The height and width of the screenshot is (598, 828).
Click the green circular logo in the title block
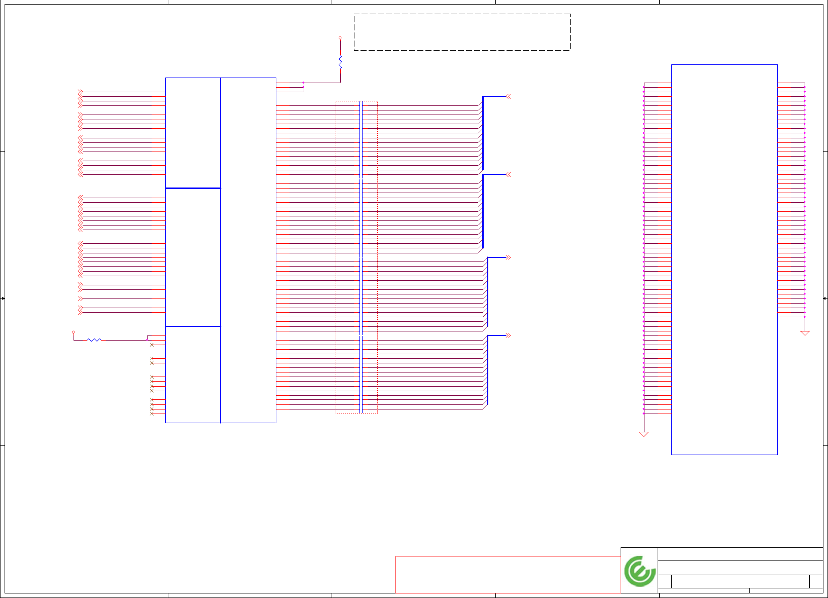click(639, 571)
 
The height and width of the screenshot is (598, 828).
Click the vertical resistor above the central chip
click(340, 62)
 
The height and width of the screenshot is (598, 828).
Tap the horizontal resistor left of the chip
click(94, 340)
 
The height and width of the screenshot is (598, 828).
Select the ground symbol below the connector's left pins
click(644, 434)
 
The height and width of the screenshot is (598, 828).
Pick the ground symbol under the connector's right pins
click(805, 333)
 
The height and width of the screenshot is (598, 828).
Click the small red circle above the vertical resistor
click(340, 38)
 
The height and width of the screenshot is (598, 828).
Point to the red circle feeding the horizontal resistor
click(74, 332)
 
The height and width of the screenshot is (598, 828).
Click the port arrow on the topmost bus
click(508, 96)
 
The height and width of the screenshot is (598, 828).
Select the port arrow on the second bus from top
click(508, 174)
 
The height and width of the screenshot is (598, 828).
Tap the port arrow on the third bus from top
click(508, 257)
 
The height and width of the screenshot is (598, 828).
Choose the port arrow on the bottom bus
click(508, 335)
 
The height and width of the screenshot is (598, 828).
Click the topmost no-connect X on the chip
click(152, 345)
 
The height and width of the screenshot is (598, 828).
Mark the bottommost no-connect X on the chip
click(152, 414)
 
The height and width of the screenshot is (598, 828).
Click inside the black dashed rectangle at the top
click(462, 32)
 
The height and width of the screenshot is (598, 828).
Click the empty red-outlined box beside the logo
click(508, 574)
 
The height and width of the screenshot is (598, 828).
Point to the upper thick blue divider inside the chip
click(193, 188)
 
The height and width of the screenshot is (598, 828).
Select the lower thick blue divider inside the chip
click(193, 326)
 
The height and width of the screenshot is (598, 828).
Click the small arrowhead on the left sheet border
click(3, 298)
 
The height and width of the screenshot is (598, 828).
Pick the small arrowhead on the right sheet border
click(825, 298)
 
